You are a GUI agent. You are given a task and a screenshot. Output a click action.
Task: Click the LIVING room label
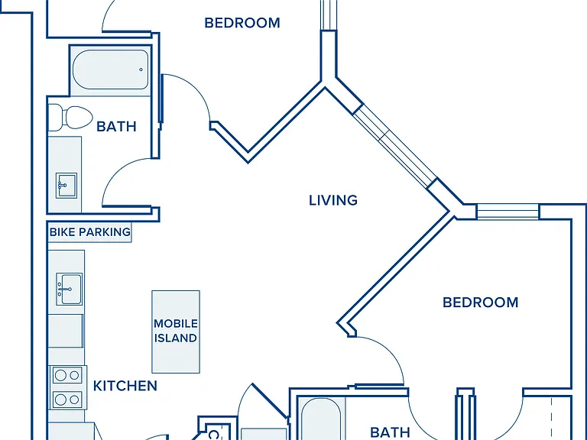coord(333,201)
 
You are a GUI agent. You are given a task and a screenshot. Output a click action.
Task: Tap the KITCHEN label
coord(125,386)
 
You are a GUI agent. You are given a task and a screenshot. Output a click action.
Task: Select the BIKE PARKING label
coord(90,232)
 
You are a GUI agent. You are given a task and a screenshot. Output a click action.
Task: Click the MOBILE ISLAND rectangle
coord(176,332)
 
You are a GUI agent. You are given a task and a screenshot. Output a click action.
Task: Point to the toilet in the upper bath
coord(71,118)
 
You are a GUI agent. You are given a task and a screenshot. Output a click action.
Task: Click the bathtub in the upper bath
coord(111,70)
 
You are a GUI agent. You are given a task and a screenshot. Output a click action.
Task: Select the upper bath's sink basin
coord(66,185)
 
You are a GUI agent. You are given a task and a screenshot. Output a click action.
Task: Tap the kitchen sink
coord(70,289)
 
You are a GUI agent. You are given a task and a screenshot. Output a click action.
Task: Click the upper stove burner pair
coord(67,375)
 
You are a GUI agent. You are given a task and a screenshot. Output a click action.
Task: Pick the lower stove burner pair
coord(67,400)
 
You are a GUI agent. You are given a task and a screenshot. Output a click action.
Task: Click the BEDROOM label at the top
coord(242,23)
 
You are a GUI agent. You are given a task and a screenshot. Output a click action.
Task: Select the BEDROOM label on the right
coord(480,302)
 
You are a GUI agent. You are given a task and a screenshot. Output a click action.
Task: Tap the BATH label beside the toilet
coord(116,127)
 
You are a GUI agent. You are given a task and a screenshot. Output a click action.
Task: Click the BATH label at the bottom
coord(390,432)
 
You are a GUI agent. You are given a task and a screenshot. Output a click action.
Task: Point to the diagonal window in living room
coord(395,146)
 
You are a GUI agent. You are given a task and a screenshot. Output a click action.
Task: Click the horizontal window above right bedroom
coord(508,212)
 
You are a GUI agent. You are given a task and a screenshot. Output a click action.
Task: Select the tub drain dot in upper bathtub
coord(141,70)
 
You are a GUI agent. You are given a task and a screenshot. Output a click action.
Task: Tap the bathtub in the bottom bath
coord(321,419)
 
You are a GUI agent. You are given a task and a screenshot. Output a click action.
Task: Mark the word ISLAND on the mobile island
coord(176,338)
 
